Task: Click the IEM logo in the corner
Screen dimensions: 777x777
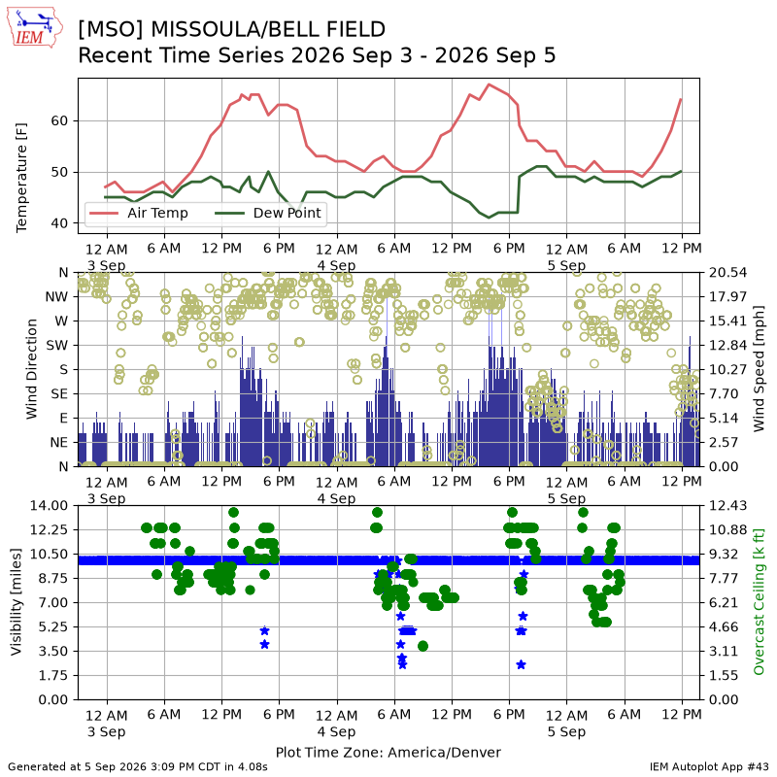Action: (34, 27)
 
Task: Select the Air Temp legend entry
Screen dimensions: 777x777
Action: (139, 213)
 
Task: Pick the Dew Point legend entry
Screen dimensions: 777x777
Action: (268, 213)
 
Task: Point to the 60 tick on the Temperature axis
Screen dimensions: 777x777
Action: (59, 120)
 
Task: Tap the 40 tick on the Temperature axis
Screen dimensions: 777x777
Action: (59, 223)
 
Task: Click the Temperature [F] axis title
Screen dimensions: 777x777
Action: (21, 178)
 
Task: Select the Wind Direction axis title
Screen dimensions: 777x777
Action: (31, 369)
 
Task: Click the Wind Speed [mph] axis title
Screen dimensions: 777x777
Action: (759, 369)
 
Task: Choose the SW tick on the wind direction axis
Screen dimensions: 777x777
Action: (57, 346)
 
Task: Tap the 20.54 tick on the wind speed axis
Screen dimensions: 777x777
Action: (727, 273)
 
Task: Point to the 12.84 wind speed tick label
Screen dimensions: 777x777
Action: (727, 346)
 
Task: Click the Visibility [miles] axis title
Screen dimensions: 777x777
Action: (16, 602)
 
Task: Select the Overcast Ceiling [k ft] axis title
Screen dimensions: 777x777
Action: (759, 602)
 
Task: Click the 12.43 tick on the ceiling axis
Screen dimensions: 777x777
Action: (727, 505)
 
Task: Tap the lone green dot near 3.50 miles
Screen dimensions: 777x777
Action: (422, 646)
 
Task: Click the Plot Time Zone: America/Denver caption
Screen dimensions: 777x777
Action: (388, 752)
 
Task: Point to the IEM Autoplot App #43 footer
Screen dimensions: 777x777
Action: (709, 766)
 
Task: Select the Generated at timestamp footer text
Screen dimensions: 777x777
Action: (138, 766)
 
